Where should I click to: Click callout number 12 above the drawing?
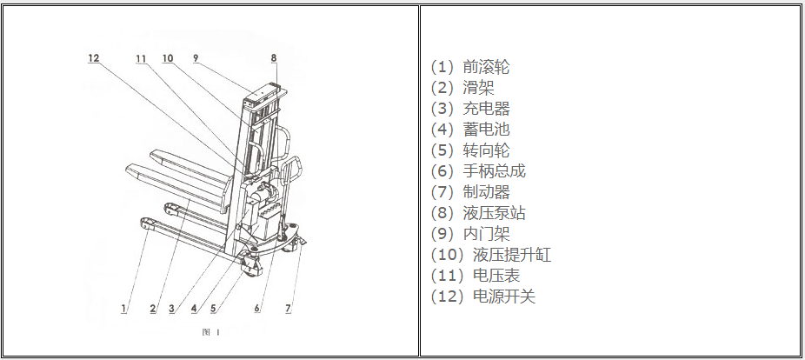coord(94,58)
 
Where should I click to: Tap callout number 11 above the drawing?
coord(142,58)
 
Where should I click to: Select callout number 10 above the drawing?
coord(168,58)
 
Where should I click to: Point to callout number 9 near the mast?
coord(196,58)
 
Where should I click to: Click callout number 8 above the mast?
coord(273,58)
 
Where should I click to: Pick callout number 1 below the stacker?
coord(124,308)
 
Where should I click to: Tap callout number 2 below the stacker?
coord(152,308)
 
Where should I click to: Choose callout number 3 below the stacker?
coord(172,308)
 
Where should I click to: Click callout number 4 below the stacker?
coord(193,308)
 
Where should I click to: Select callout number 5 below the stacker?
coord(213,308)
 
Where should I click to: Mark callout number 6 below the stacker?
coord(257,308)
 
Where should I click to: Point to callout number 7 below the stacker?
coord(289,308)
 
